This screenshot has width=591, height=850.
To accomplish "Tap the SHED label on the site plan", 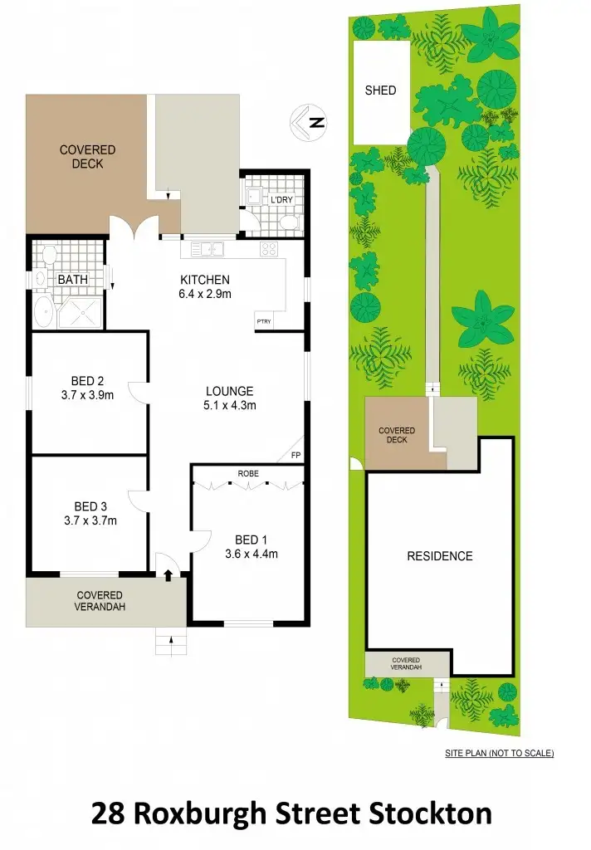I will (x=381, y=90).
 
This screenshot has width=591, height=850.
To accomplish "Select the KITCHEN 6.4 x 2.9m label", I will (x=205, y=286).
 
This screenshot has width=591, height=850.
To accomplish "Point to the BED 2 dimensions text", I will (x=88, y=395).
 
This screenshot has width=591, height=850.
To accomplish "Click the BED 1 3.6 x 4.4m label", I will (x=250, y=547).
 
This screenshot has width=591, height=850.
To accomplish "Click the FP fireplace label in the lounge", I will (x=295, y=455).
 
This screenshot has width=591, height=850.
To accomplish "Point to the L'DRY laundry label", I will (x=277, y=201).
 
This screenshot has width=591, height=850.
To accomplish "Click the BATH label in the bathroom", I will (x=72, y=280).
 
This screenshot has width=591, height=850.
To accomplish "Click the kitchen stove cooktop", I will (x=271, y=248).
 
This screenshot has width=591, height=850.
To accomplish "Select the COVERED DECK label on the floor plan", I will (x=87, y=157).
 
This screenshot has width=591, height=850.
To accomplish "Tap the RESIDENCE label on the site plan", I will (x=439, y=556).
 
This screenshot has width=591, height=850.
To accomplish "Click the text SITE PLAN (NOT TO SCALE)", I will (x=500, y=754).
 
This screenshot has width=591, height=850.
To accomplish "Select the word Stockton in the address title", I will (x=432, y=812).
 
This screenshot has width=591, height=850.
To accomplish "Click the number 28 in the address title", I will (x=111, y=812).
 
